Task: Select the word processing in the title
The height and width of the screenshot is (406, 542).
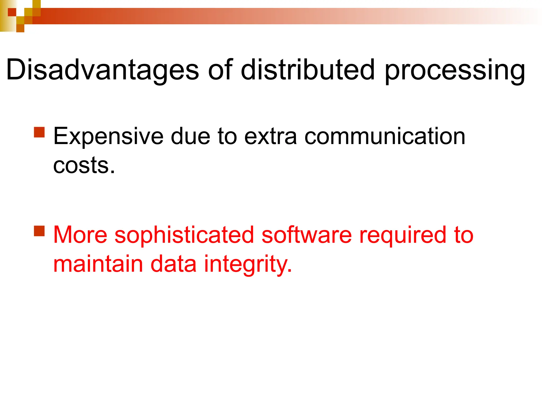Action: point(455,71)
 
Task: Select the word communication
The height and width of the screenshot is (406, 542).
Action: point(385,136)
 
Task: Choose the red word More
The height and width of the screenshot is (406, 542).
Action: point(80,235)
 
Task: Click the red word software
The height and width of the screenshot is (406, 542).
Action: point(306,235)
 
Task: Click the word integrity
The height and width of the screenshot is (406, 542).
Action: point(248,265)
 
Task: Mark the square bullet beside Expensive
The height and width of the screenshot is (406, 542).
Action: point(39,132)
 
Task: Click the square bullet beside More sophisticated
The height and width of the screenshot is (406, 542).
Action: point(39,231)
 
